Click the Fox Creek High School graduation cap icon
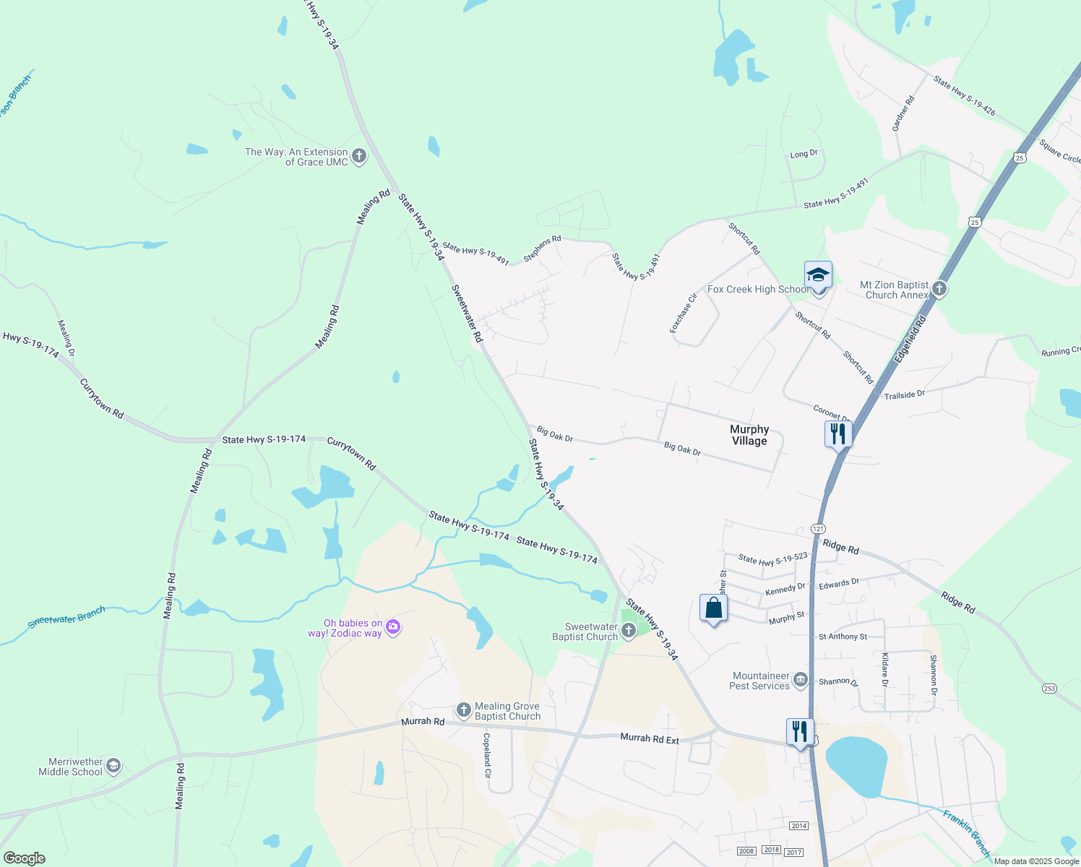pyautogui.click(x=818, y=275)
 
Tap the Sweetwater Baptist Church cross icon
pyautogui.click(x=629, y=631)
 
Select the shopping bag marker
pyautogui.click(x=713, y=608)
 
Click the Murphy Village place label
pyautogui.click(x=749, y=435)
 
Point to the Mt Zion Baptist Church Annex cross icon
pyautogui.click(x=939, y=289)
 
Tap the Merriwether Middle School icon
pyautogui.click(x=113, y=766)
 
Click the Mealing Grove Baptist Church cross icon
pyautogui.click(x=464, y=711)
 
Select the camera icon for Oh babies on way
pyautogui.click(x=393, y=627)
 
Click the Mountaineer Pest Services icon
pyautogui.click(x=800, y=680)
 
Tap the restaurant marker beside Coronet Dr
pyautogui.click(x=838, y=434)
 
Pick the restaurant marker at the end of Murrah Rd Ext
pyautogui.click(x=800, y=732)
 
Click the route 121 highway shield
pyautogui.click(x=818, y=529)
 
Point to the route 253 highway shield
pyautogui.click(x=1049, y=688)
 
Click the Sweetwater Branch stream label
pyautogui.click(x=66, y=617)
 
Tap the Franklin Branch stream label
pyautogui.click(x=967, y=833)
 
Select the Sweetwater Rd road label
pyautogui.click(x=467, y=313)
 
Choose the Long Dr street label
pyautogui.click(x=804, y=154)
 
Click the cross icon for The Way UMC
pyautogui.click(x=358, y=156)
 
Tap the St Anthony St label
pyautogui.click(x=843, y=637)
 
